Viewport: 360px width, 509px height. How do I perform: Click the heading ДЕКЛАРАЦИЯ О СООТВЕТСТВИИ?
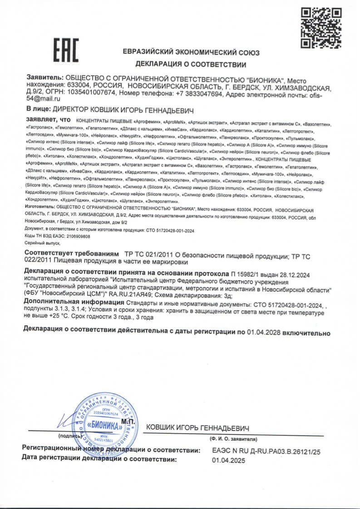(x=191, y=64)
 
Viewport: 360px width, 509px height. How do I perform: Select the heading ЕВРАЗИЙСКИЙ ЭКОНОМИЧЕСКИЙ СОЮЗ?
(x=191, y=52)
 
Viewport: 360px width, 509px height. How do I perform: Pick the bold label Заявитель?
(x=44, y=79)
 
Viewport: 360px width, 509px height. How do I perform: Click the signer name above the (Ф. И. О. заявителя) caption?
(x=198, y=428)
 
